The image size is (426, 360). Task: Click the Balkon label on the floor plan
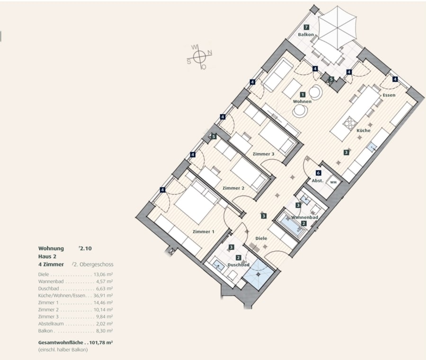click(306, 35)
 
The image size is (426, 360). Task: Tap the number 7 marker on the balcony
click(306, 27)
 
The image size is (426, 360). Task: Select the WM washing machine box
click(333, 182)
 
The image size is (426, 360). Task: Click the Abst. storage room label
click(317, 181)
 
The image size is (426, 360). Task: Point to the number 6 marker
click(319, 173)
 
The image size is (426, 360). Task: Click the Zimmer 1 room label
click(204, 232)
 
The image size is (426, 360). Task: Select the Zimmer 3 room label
click(264, 154)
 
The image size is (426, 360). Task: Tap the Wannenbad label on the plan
click(304, 218)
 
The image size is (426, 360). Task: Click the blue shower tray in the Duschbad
click(257, 274)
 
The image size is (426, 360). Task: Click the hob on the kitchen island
click(349, 123)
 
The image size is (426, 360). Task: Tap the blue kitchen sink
click(372, 147)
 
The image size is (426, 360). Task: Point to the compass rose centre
click(200, 56)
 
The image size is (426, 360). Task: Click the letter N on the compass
click(210, 53)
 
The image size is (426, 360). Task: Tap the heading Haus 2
click(47, 256)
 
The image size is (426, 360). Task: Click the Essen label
click(389, 95)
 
